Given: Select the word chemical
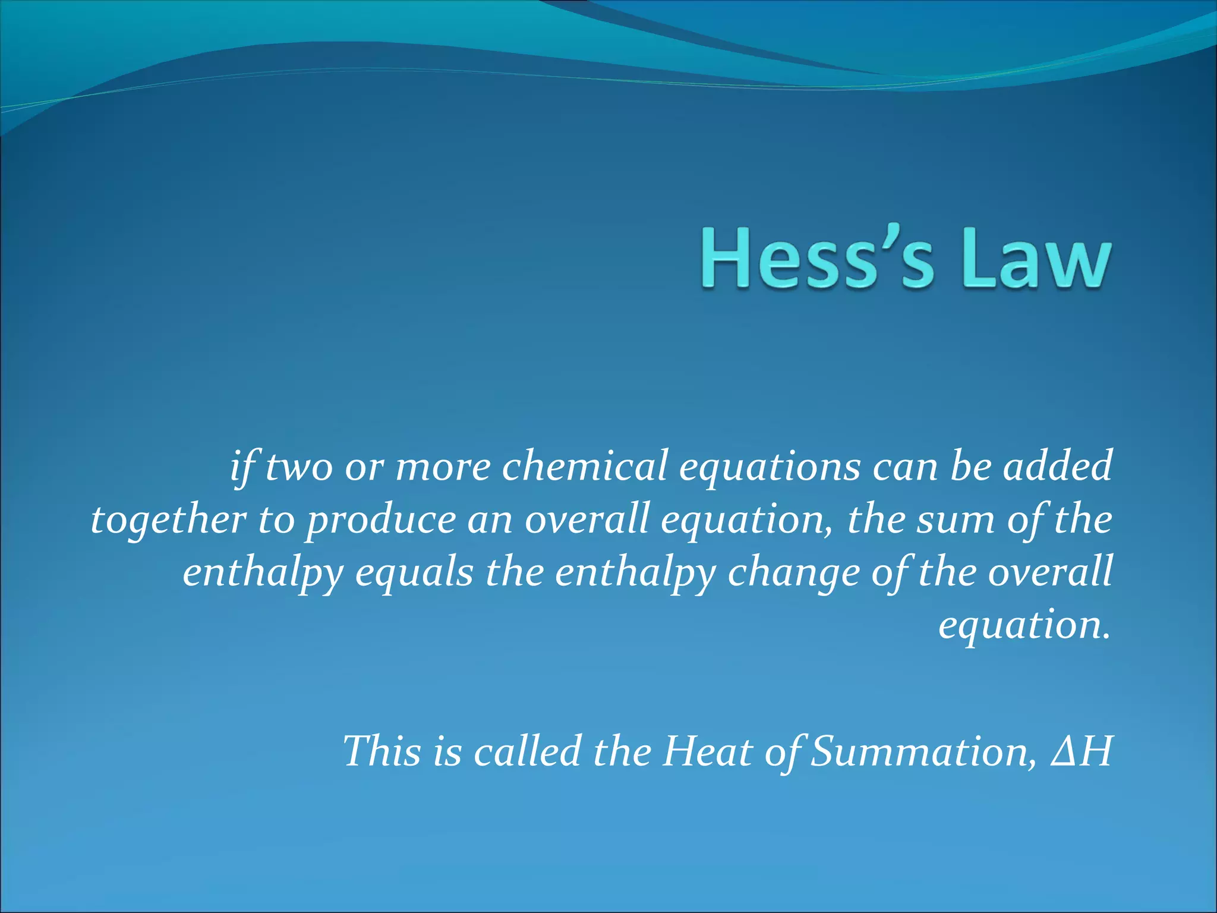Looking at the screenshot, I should [x=585, y=467].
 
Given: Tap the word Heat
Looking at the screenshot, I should [x=708, y=751].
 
